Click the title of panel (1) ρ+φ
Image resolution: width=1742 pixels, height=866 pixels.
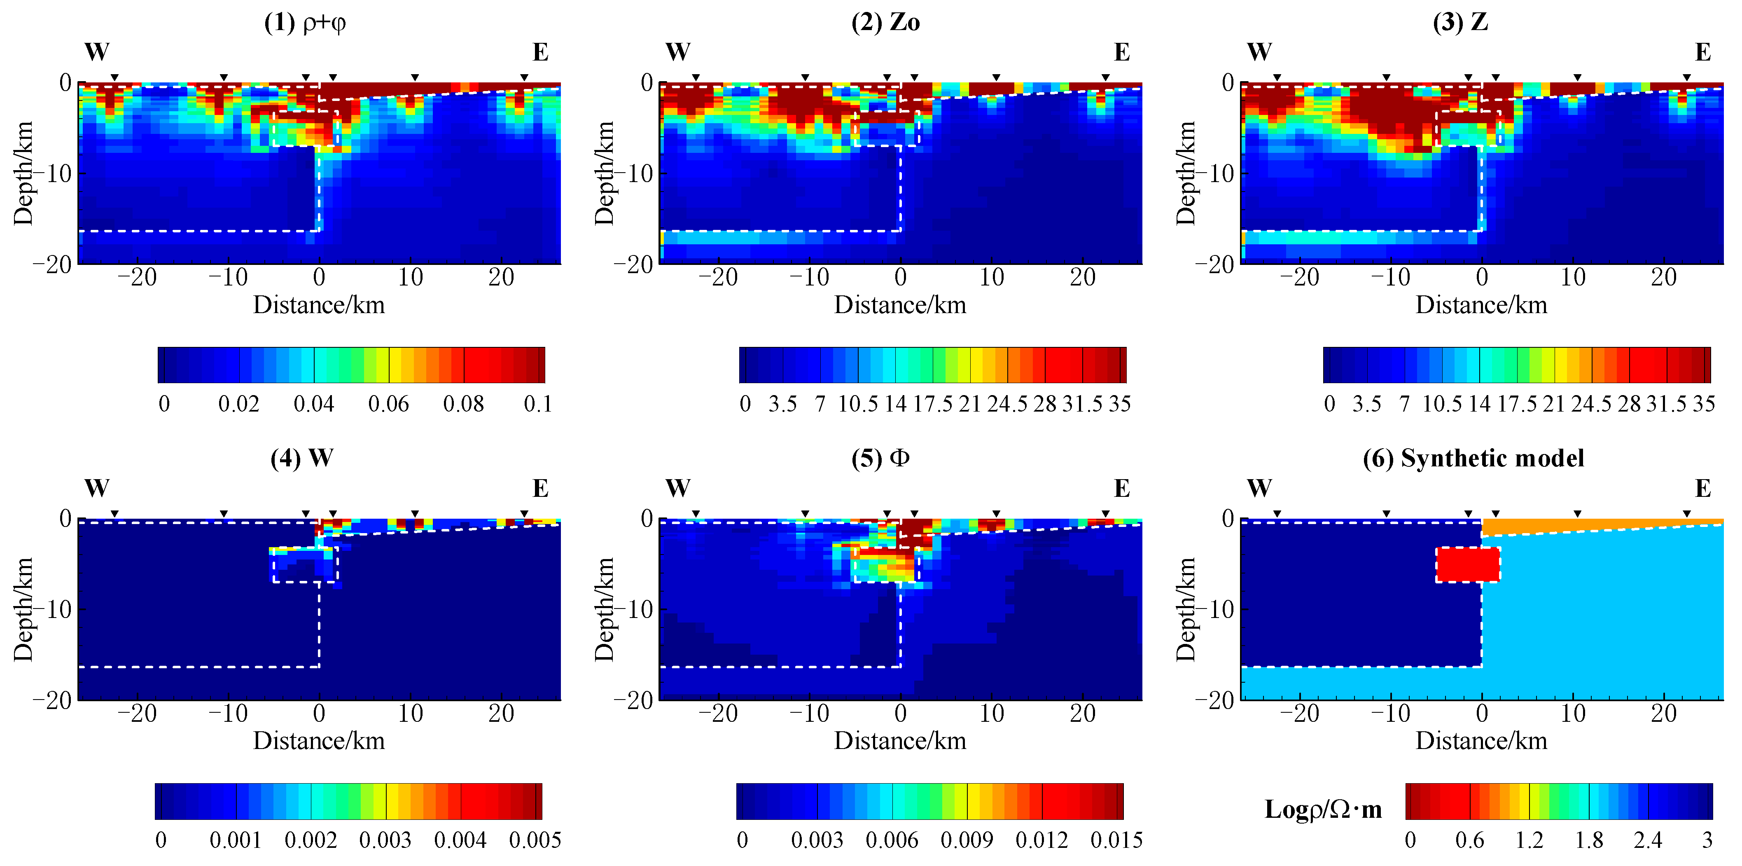305,23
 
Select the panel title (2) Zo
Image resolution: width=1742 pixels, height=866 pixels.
885,23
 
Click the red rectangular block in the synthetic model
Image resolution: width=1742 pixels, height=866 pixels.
1467,564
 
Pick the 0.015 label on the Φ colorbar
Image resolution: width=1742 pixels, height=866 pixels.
1116,840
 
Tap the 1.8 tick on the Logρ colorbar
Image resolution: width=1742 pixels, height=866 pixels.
1588,840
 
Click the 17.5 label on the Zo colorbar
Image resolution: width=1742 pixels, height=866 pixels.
932,404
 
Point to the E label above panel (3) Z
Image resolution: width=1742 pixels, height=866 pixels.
1703,52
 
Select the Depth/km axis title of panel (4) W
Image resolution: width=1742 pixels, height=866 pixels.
23,609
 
